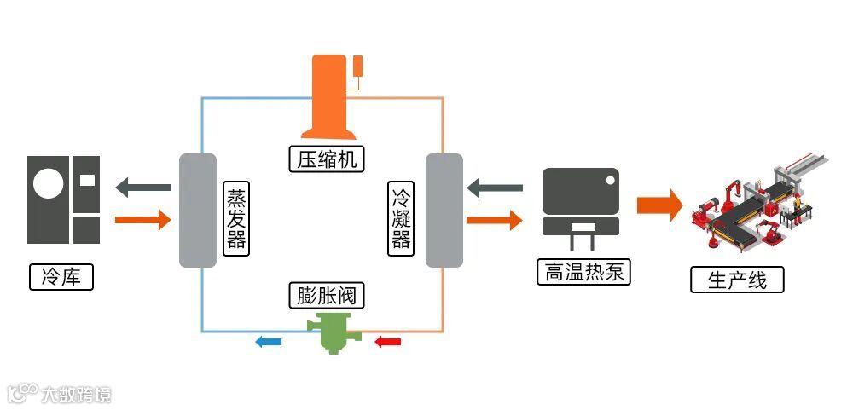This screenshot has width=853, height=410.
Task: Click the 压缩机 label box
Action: coord(326,159)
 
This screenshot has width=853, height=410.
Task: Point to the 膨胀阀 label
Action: coord(326,296)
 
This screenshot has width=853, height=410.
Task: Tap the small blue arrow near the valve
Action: coord(269,342)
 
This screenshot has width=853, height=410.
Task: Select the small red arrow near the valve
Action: coord(388,342)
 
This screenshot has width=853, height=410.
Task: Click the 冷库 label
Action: coord(61,277)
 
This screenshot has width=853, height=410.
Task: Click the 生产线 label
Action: coord(737,280)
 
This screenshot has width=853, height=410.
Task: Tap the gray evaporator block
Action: coord(197,211)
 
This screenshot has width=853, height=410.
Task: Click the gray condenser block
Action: coord(444,211)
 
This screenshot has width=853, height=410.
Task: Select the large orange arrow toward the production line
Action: coord(659,205)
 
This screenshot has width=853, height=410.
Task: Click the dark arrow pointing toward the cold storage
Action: coord(144,186)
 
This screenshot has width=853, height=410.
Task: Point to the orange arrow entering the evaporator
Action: coord(142,220)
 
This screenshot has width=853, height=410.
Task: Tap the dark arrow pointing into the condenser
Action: coord(495,186)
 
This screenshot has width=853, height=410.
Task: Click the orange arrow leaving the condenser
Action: coord(494,220)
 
